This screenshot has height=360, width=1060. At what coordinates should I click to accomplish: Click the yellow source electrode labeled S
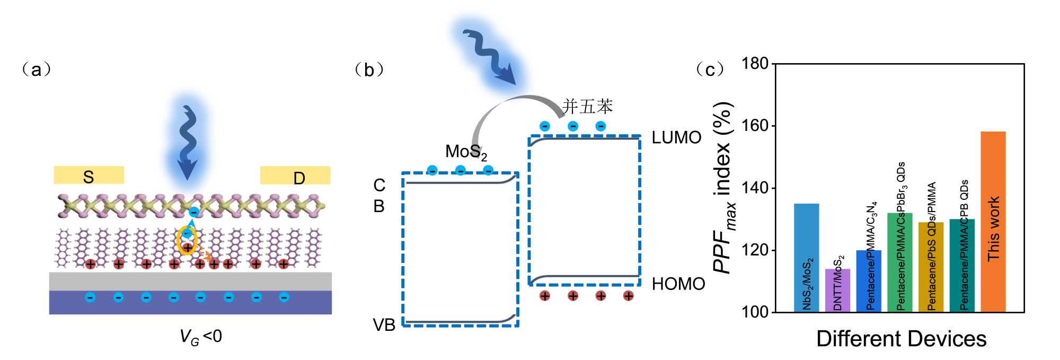tap(89, 175)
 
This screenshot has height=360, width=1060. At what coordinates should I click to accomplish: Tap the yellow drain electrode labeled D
tap(295, 175)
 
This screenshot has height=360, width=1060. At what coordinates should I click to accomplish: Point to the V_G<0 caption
tap(200, 337)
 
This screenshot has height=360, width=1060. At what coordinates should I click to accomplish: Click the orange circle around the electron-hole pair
tap(187, 241)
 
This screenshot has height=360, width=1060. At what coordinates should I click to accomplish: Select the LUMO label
tap(676, 138)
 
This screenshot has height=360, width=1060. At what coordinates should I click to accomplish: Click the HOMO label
tap(678, 284)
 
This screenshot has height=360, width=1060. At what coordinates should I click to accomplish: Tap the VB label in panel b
tap(384, 324)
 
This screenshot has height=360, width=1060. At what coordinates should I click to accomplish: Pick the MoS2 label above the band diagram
tap(466, 152)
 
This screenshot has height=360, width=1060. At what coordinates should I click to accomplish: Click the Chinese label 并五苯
tap(587, 107)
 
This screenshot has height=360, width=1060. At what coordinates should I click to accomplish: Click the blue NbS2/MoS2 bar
tap(806, 258)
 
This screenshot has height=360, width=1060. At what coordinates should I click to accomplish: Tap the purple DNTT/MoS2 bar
tap(837, 290)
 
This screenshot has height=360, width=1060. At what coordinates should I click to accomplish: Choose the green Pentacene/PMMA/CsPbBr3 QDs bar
tap(899, 262)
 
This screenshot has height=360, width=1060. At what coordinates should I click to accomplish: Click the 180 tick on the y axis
tap(755, 64)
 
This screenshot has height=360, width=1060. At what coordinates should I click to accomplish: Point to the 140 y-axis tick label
tap(755, 188)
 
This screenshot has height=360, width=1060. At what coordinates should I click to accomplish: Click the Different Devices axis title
tap(901, 339)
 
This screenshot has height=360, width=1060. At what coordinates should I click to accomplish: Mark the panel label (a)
tap(36, 69)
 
